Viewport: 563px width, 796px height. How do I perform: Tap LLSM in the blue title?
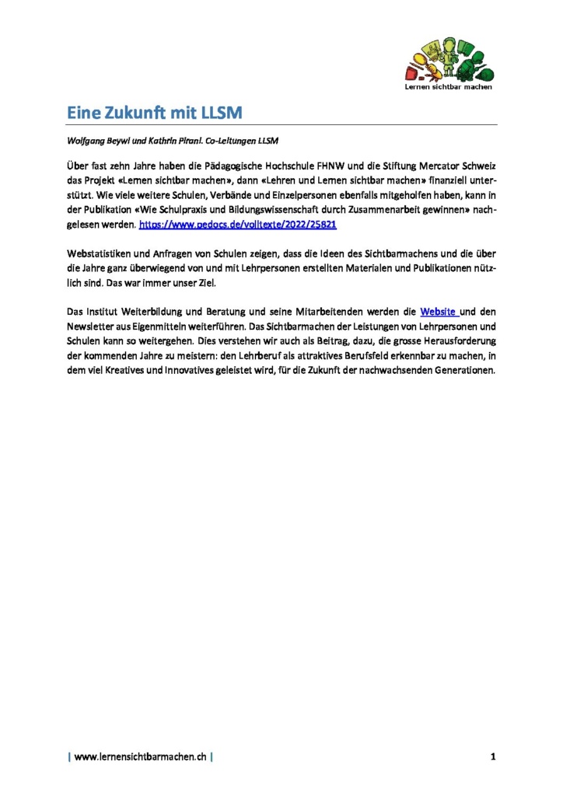coord(222,113)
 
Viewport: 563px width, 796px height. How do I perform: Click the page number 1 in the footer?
coord(493,756)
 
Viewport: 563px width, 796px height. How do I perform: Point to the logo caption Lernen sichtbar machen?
coord(449,88)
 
